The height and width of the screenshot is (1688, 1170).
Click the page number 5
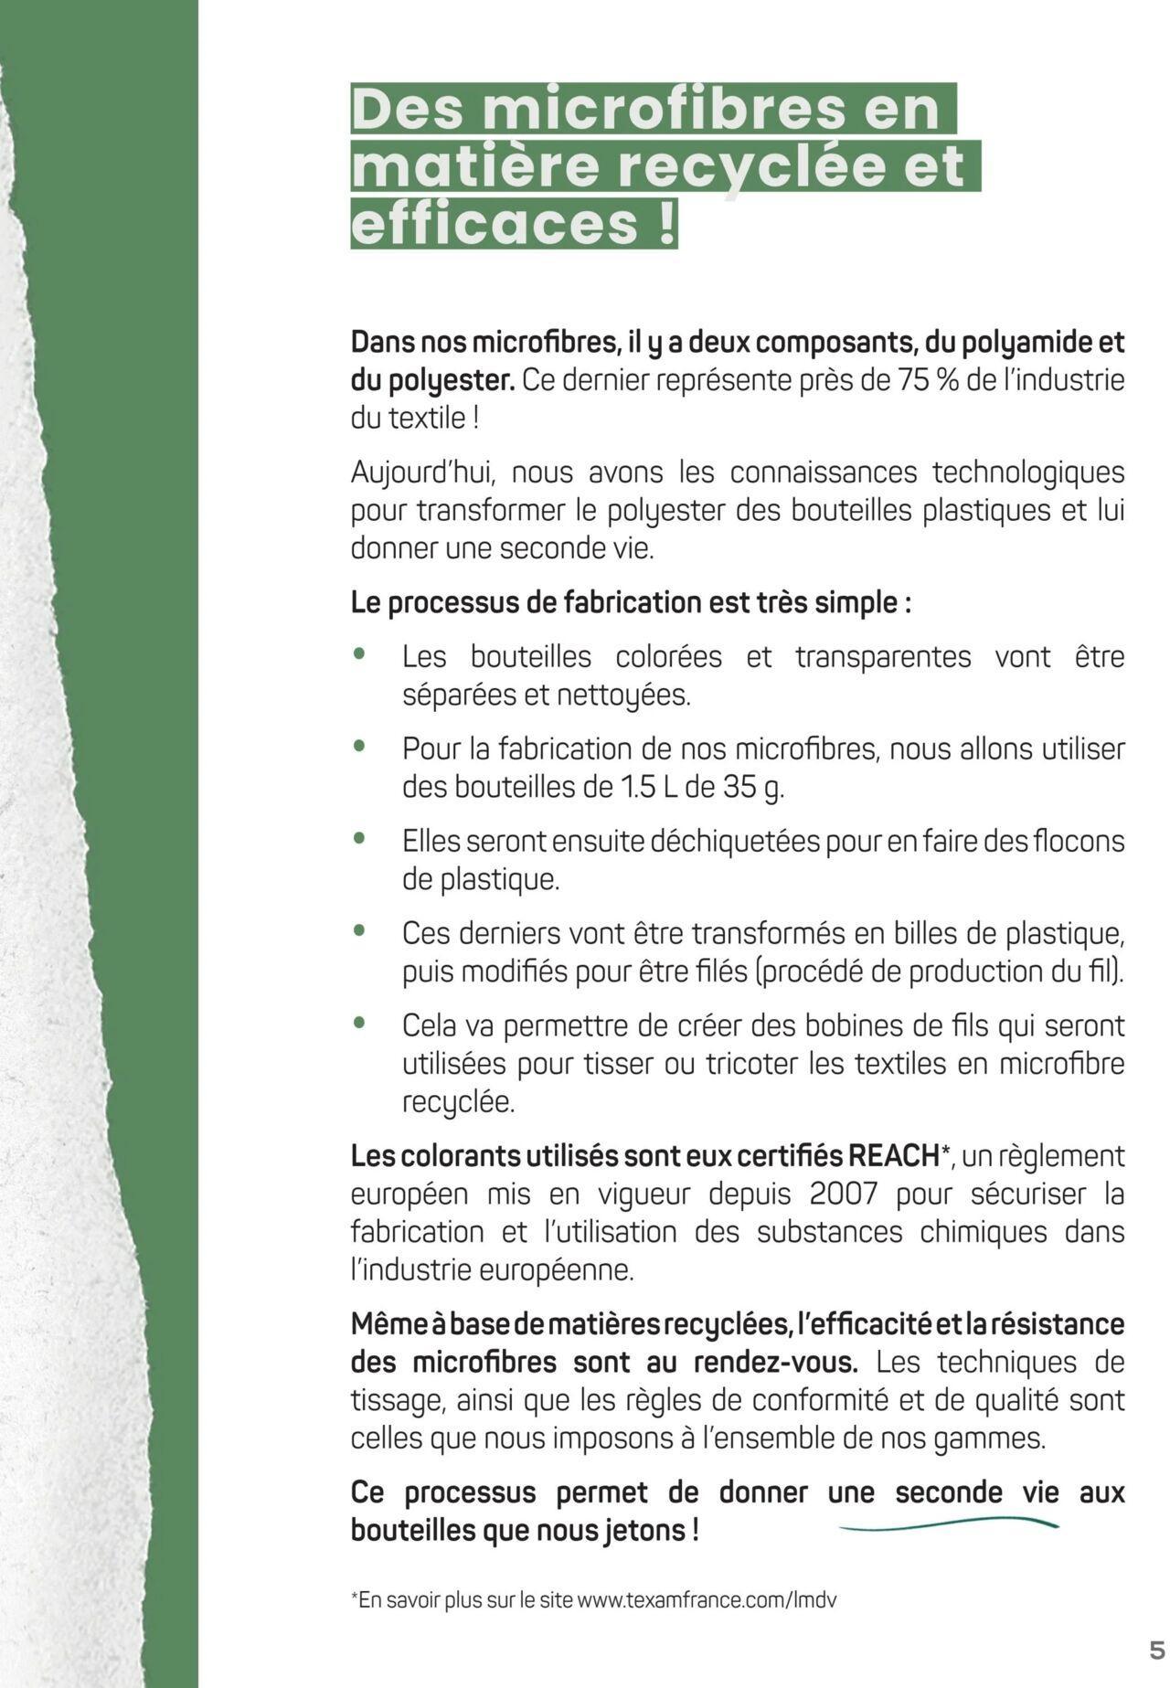(x=1156, y=1651)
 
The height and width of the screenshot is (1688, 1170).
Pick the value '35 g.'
(x=754, y=787)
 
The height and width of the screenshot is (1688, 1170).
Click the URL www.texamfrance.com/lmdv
(x=707, y=1600)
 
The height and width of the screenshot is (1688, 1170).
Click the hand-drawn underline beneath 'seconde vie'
(x=948, y=1524)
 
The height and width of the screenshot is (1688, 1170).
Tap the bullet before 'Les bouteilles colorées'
(x=361, y=654)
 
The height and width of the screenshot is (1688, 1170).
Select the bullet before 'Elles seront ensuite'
(x=361, y=838)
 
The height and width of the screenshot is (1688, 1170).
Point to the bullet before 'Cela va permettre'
(x=361, y=1023)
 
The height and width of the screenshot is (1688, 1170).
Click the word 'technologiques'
(x=1028, y=472)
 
